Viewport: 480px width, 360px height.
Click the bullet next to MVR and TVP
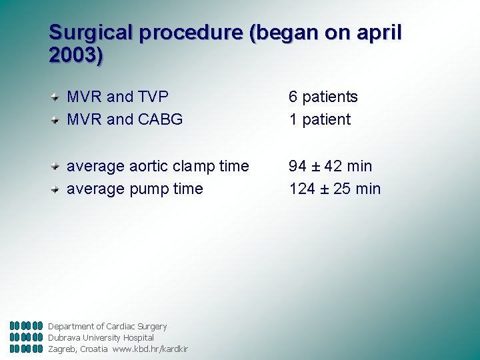point(58,97)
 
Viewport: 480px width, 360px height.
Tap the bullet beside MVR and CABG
point(58,120)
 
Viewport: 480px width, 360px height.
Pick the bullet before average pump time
point(58,189)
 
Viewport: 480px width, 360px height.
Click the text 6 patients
point(323,97)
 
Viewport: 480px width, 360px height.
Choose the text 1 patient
point(319,119)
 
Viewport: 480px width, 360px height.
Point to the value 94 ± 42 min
point(330,166)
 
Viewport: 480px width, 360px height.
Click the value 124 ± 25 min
point(335,189)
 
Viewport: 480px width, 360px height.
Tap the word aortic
point(147,166)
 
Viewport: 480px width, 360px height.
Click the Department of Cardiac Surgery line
point(107,326)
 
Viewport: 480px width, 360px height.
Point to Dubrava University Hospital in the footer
point(101,337)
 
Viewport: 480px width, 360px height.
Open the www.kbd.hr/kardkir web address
point(150,349)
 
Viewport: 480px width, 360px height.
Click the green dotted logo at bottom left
point(26,337)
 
